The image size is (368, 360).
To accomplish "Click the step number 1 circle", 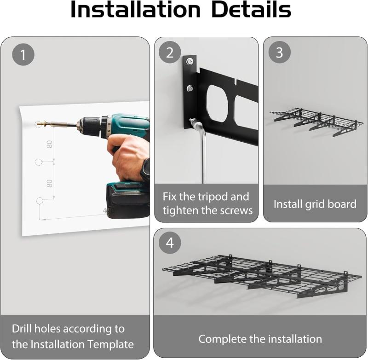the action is pos(23,54).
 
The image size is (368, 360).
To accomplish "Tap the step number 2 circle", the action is pos(170,52).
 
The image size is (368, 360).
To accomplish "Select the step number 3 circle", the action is pos(279,52).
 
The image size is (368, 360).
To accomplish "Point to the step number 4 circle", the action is pos(170,243).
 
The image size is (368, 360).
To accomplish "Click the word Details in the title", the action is pos(251,9).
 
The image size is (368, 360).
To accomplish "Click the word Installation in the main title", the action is pos(135,9).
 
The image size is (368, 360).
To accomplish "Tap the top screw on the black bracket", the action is pos(190,62).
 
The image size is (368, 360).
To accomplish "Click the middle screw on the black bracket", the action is pos(190,88).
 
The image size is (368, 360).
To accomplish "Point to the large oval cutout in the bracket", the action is pos(217,103).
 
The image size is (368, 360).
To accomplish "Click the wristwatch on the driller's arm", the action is pos(145,169).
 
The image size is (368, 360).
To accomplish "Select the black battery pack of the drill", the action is pos(128,201).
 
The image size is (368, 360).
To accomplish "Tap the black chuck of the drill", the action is pos(90,126).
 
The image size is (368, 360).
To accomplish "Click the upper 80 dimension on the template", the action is pos(49,144).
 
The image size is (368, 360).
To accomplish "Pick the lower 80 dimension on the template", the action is pos(49,183).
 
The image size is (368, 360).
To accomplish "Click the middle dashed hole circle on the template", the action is pos(38,162).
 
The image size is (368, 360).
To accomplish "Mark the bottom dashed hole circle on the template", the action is pos(40,201).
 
